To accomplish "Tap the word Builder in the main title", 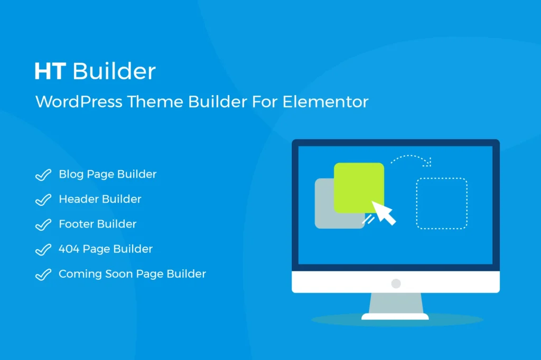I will pyautogui.click(x=115, y=71).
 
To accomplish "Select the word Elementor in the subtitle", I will pyautogui.click(x=325, y=101).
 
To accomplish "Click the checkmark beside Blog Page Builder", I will pyautogui.click(x=43, y=175).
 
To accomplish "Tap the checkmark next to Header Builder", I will pyautogui.click(x=43, y=200).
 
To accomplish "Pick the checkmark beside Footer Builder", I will pyautogui.click(x=43, y=225).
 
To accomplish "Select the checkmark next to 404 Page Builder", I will pyautogui.click(x=43, y=250).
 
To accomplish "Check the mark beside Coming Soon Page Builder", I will pyautogui.click(x=43, y=275).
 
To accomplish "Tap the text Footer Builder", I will pyautogui.click(x=98, y=224).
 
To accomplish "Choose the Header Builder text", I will pyautogui.click(x=100, y=200).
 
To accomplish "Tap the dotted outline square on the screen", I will pyautogui.click(x=442, y=204).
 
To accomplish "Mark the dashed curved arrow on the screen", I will pyautogui.click(x=412, y=158).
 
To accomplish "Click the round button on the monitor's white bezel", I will pyautogui.click(x=396, y=283).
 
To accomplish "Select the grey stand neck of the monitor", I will pyautogui.click(x=396, y=304).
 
